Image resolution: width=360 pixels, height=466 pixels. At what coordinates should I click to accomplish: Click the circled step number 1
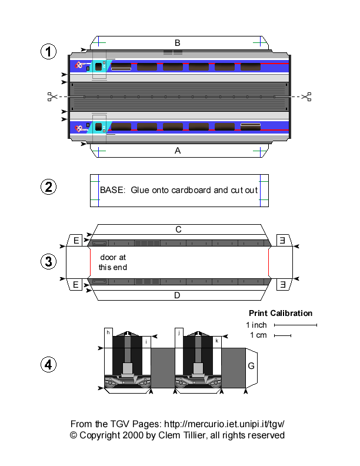coord(48,52)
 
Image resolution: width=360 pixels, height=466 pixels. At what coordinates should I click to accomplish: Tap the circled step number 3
coord(48,262)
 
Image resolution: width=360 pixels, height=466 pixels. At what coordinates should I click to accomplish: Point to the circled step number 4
coord(48,365)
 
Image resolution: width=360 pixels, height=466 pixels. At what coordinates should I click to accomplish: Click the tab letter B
coord(177,42)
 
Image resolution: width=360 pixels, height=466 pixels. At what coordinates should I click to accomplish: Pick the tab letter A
coord(177,151)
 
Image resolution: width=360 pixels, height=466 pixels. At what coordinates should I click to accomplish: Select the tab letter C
coord(177,229)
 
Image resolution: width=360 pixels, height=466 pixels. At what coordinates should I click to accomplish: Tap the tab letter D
coord(177,295)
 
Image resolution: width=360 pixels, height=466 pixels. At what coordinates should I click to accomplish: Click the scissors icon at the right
coord(306,96)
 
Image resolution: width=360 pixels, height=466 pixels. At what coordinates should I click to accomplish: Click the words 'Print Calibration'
coord(281,313)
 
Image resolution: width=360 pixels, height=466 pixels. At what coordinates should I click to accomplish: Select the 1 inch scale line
coord(296,325)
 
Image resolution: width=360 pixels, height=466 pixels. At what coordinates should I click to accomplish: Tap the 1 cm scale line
coord(282,336)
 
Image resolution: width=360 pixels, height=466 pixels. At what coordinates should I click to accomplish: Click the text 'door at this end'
coord(112,262)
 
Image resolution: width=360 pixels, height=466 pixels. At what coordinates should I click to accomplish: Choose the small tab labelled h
coord(108,332)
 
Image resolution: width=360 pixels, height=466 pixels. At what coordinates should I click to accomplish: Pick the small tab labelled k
coord(217,340)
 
